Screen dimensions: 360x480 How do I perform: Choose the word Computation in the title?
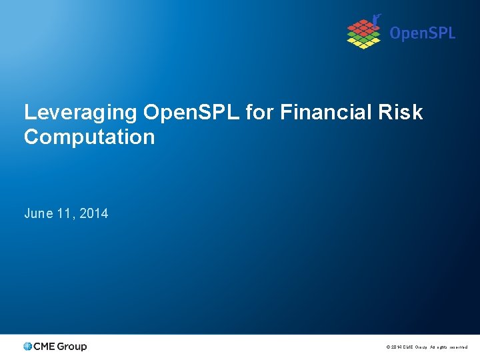(x=89, y=137)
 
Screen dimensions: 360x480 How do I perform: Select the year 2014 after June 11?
(x=94, y=214)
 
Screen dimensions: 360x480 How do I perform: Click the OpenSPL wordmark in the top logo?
(x=422, y=33)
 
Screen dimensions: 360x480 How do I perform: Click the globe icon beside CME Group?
(x=27, y=347)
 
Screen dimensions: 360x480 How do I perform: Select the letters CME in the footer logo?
(x=44, y=347)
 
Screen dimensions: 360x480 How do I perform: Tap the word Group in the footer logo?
(x=72, y=347)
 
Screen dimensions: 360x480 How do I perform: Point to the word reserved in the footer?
(x=458, y=347)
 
